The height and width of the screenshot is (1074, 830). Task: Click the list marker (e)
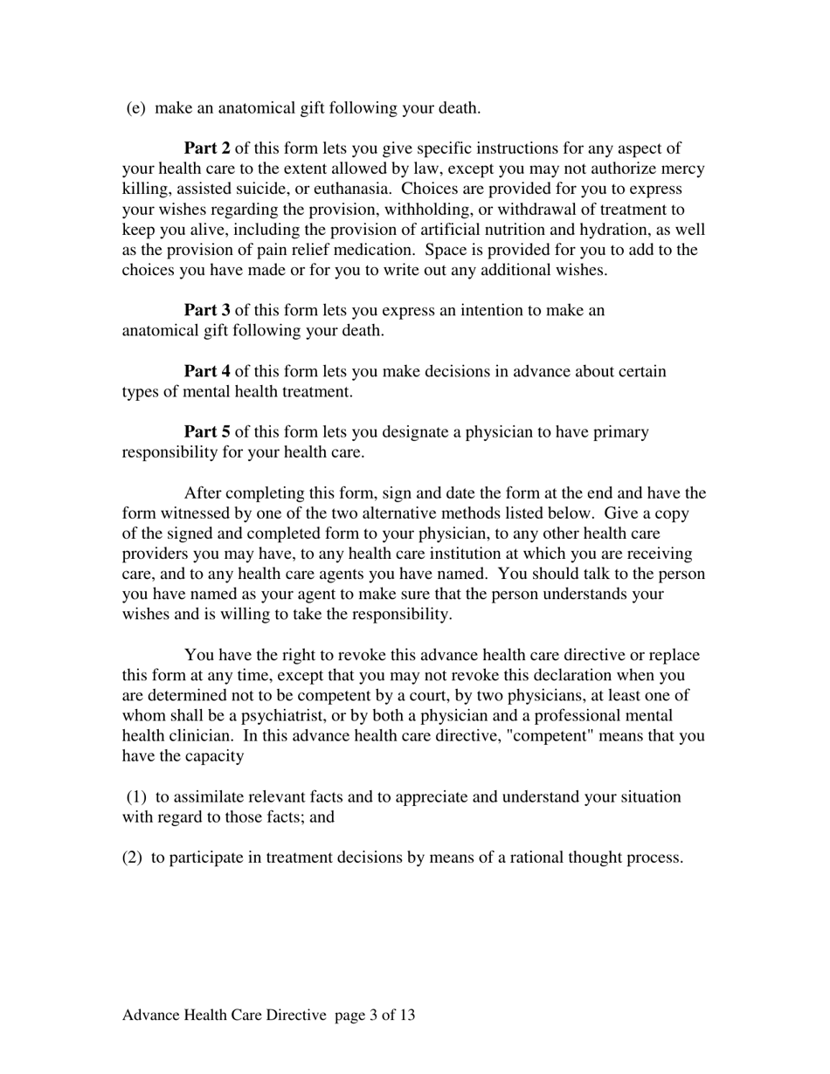coord(135,108)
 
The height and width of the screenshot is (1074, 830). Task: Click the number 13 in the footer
coord(405,1015)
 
